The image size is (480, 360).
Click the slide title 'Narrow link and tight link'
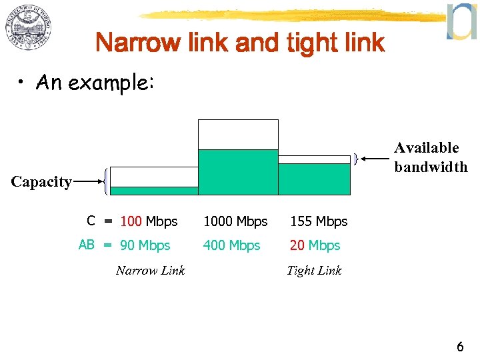coord(240,43)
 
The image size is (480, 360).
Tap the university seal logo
coord(29,30)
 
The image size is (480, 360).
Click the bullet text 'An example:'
coord(95,83)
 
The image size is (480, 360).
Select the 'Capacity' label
coord(41,182)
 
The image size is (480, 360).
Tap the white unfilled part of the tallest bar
coord(238,134)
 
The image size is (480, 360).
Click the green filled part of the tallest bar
coord(238,172)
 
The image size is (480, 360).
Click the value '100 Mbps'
coord(149,221)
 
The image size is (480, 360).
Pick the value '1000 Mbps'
coord(235,221)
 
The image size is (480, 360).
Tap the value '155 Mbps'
coord(319,221)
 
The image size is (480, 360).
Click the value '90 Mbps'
coord(145,245)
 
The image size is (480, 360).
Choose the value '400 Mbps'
coord(231,245)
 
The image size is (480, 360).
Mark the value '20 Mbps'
coord(315,245)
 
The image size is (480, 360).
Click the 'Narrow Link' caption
coord(150,270)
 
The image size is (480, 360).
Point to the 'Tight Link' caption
coord(314,270)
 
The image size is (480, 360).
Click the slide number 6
coord(460,347)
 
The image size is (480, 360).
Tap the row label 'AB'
coord(87,245)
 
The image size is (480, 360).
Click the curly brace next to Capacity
coord(107,181)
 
